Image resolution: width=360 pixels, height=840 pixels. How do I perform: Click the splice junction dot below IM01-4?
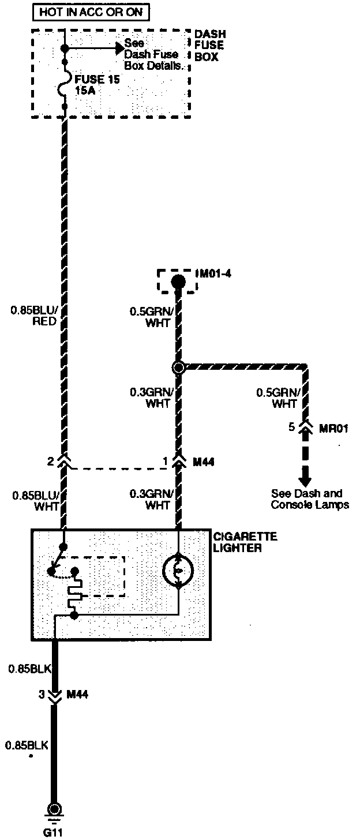pyautogui.click(x=179, y=367)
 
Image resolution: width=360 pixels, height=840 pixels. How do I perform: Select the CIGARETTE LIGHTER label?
pyautogui.click(x=245, y=542)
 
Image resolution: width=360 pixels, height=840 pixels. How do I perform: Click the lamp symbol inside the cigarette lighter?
pyautogui.click(x=178, y=572)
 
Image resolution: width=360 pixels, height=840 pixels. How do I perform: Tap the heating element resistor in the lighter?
pyautogui.click(x=74, y=596)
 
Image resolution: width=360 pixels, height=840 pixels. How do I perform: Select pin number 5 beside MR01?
pyautogui.click(x=292, y=427)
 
